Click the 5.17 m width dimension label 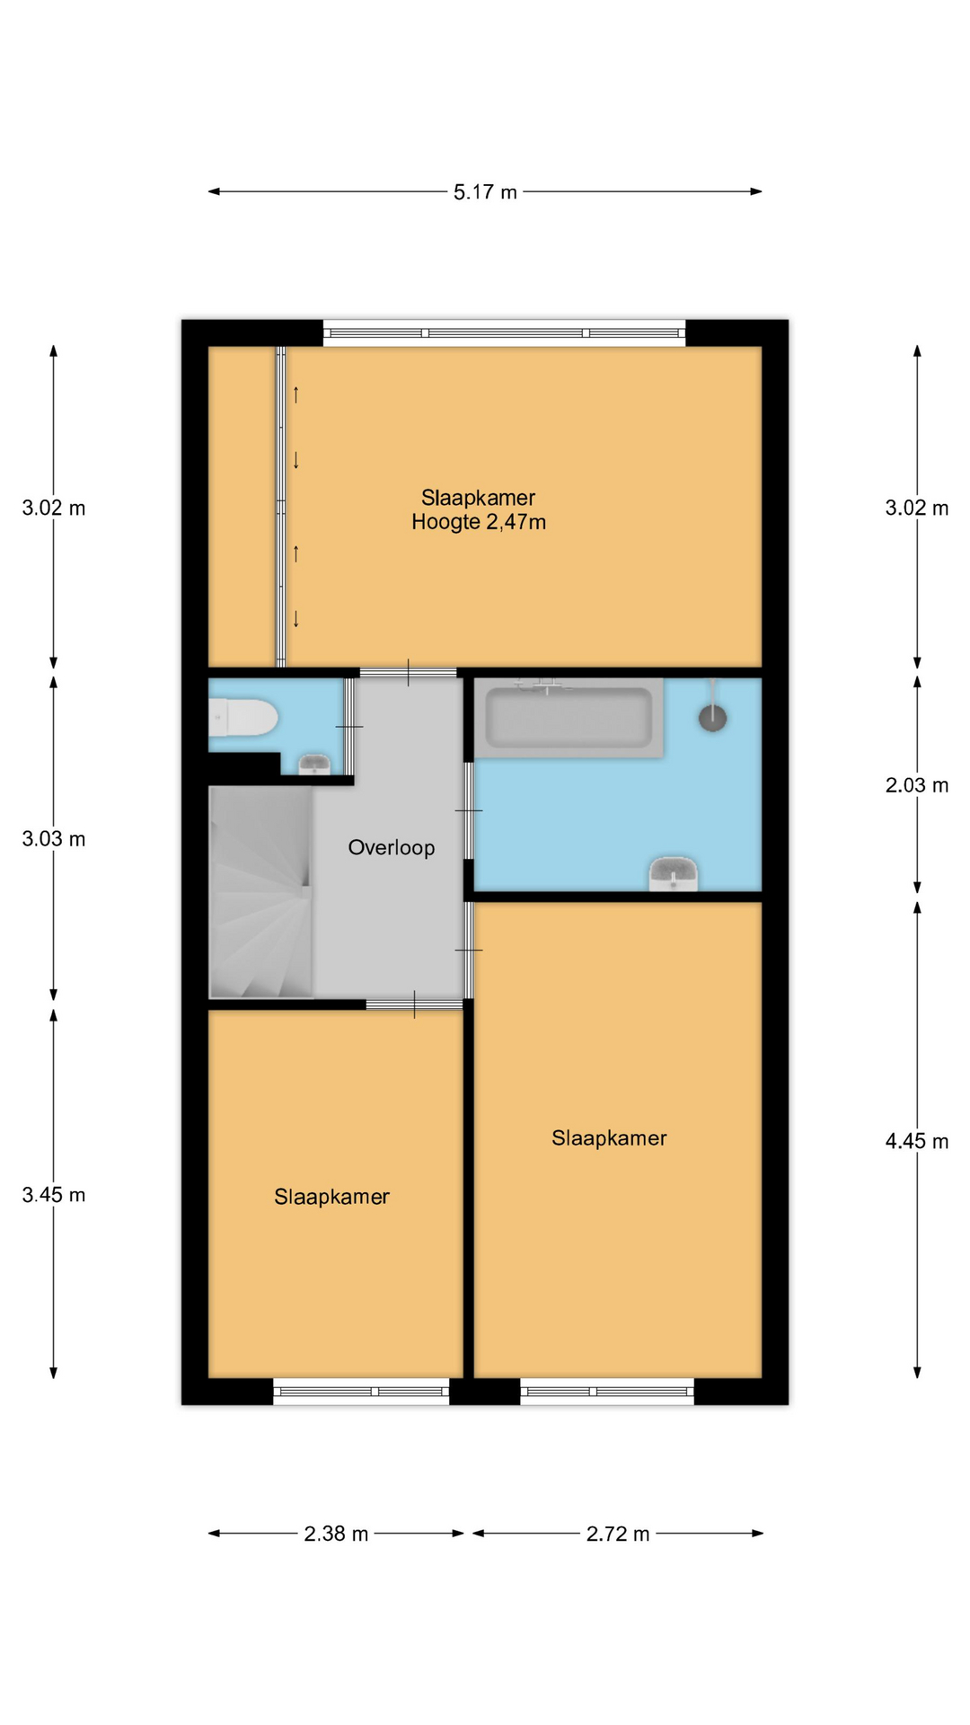tap(485, 192)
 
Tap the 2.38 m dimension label tap(336, 1534)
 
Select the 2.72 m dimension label tap(618, 1534)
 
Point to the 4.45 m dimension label tap(917, 1141)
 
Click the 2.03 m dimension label tap(917, 785)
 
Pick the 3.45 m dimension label tap(54, 1195)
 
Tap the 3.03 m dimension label tap(54, 839)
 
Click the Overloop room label tap(392, 847)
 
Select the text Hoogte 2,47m tap(479, 522)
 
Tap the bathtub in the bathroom tap(569, 718)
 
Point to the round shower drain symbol tap(713, 718)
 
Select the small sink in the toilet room tap(313, 765)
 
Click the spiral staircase tap(260, 892)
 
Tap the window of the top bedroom tap(504, 333)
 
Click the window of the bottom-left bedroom tap(361, 1392)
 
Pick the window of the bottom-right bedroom tap(607, 1392)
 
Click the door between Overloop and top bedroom tap(409, 672)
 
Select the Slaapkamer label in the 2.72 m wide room tap(609, 1138)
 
